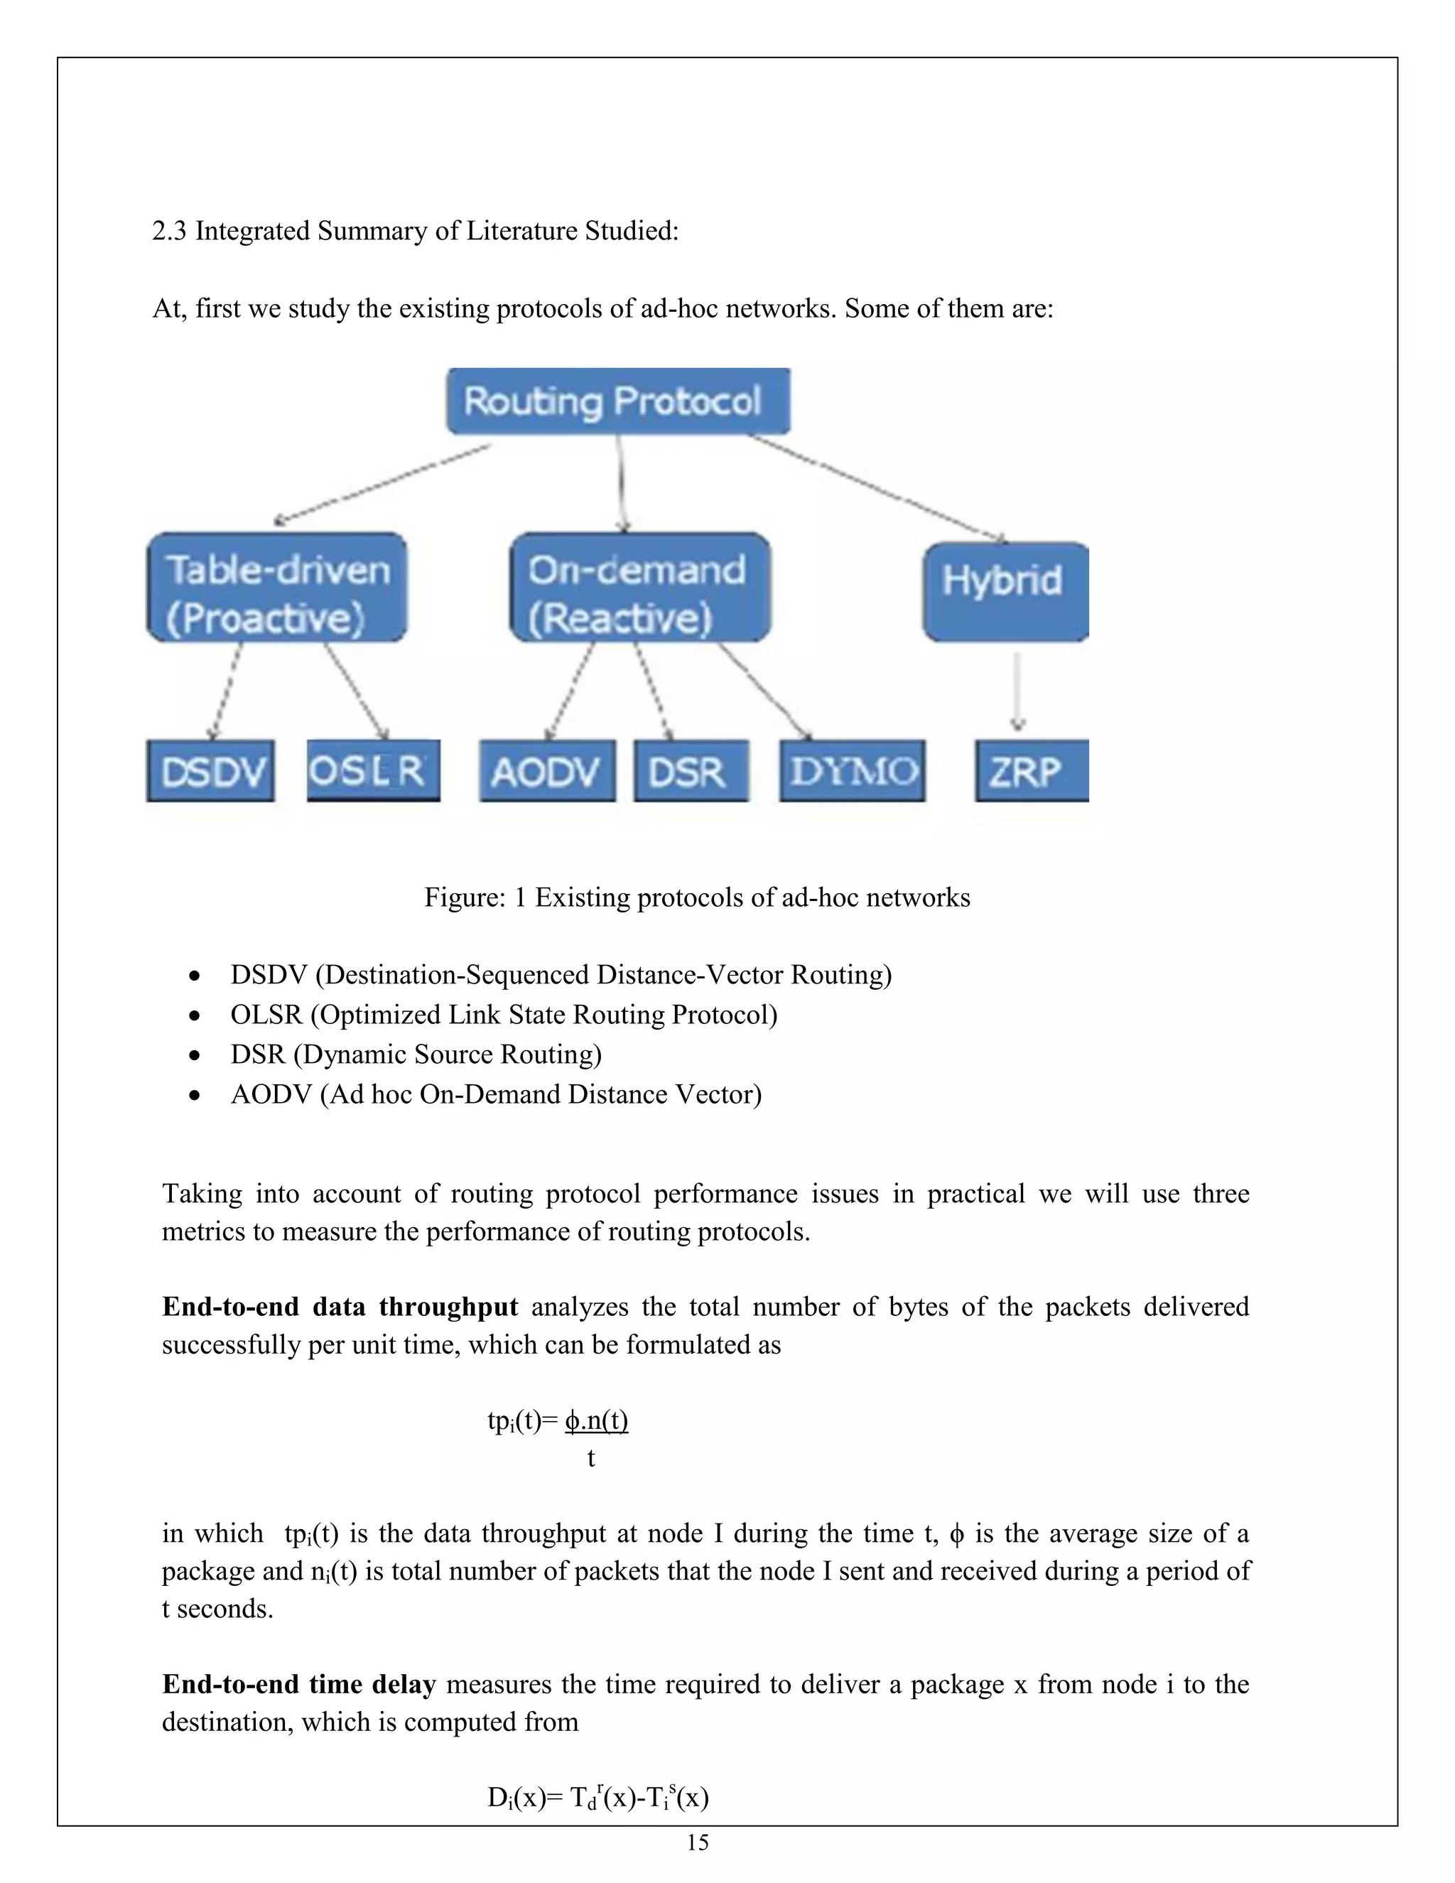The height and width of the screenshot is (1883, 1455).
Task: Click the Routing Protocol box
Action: coord(617,401)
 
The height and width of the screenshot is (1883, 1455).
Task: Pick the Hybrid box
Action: coord(1005,591)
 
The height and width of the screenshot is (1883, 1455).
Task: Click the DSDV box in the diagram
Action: coord(210,771)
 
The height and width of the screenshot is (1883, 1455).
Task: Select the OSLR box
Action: coord(373,770)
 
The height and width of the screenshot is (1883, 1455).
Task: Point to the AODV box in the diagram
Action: coord(547,771)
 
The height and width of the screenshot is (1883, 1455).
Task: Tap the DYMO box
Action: coord(852,771)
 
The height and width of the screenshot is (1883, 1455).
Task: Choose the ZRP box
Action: coord(1031,771)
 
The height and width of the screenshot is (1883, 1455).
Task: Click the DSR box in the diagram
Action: coord(691,771)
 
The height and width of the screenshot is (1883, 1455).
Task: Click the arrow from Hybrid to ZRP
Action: coord(1018,690)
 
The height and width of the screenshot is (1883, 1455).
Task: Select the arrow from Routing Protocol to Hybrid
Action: coord(875,487)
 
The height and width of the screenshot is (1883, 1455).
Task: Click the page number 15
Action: coord(698,1842)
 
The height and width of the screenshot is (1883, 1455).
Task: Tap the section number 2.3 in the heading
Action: coord(169,231)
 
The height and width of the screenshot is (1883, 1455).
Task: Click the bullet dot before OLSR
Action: coord(195,1015)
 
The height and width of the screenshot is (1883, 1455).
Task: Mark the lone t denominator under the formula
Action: coord(591,1458)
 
